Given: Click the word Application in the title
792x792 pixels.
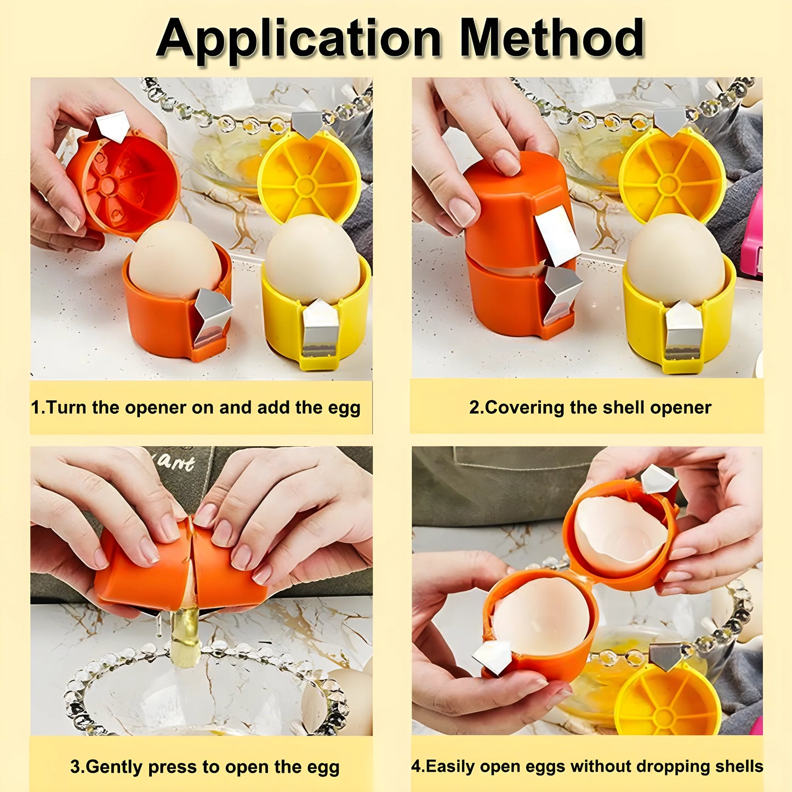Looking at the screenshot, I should [x=299, y=38].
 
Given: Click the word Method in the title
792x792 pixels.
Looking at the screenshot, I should [x=551, y=38].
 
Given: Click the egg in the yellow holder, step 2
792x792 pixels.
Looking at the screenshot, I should [x=675, y=258].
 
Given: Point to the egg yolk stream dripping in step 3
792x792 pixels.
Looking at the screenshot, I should [x=185, y=636].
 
